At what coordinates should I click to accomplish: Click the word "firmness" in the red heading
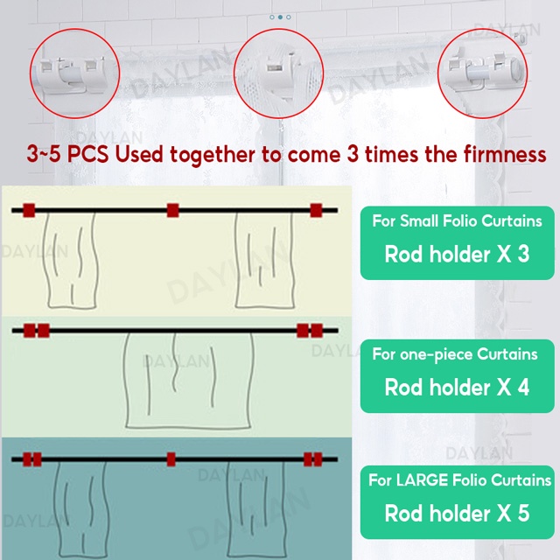(505, 155)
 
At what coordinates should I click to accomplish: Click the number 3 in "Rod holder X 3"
(523, 255)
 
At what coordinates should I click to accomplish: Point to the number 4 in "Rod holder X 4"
(523, 388)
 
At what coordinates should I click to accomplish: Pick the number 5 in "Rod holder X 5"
(523, 514)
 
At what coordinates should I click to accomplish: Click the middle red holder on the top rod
(173, 210)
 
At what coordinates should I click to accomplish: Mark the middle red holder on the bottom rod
(171, 459)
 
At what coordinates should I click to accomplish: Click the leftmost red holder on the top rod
(29, 210)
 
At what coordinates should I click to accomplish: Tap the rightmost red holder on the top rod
(316, 210)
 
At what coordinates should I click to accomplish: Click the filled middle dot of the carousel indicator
(280, 17)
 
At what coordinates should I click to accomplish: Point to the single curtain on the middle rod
(189, 381)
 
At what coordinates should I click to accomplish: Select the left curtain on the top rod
(70, 260)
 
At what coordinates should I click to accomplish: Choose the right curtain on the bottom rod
(256, 511)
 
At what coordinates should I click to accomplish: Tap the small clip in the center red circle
(274, 66)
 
